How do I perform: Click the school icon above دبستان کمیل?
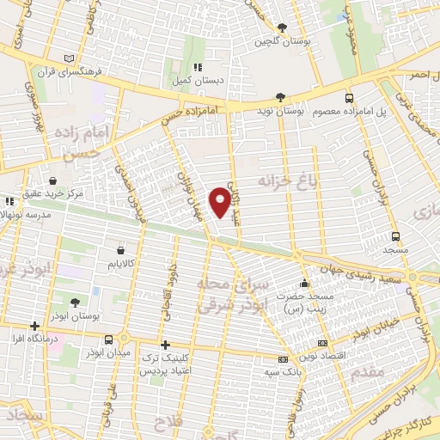197,66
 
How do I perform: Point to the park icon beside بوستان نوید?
281,97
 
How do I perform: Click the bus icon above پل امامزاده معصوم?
349,99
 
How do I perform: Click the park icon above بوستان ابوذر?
76,302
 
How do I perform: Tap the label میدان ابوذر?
109,352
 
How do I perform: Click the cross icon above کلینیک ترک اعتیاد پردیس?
165,345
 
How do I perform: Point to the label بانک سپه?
281,371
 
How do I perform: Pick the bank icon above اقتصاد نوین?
322,343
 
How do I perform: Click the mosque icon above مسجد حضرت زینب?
302,284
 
